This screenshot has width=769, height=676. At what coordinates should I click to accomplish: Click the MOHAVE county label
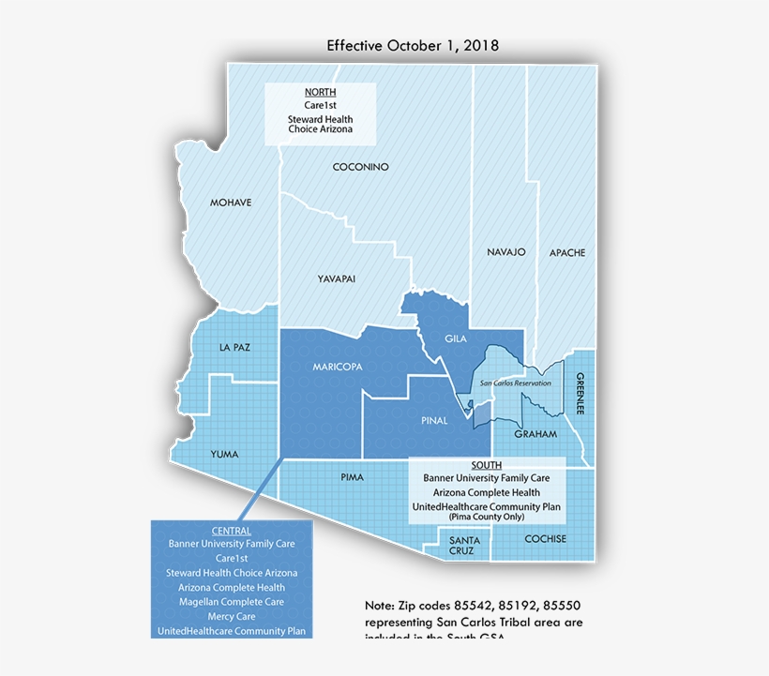pyautogui.click(x=231, y=203)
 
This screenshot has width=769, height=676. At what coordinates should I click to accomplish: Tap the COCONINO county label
pyautogui.click(x=360, y=167)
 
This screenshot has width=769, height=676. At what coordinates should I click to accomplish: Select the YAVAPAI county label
pyautogui.click(x=336, y=278)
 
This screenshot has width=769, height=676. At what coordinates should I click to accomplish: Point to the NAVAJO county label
pyautogui.click(x=506, y=252)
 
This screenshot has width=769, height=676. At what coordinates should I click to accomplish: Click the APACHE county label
pyautogui.click(x=567, y=252)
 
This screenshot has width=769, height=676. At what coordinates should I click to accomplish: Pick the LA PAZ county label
pyautogui.click(x=234, y=347)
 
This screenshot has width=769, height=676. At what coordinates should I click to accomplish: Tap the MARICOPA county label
pyautogui.click(x=338, y=367)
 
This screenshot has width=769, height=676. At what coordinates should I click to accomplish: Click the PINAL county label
pyautogui.click(x=434, y=421)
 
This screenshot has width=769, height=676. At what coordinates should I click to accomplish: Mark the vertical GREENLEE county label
pyautogui.click(x=581, y=395)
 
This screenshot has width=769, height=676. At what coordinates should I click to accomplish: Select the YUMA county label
pyautogui.click(x=224, y=454)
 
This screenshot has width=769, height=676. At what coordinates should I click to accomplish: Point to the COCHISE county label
pyautogui.click(x=546, y=539)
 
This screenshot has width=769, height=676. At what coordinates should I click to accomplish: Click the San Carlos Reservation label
pyautogui.click(x=515, y=383)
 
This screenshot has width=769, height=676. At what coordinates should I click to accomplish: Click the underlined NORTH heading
pyautogui.click(x=320, y=92)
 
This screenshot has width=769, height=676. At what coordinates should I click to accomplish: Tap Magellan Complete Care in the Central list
pyautogui.click(x=231, y=601)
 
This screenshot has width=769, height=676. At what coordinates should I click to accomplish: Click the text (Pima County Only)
pyautogui.click(x=487, y=517)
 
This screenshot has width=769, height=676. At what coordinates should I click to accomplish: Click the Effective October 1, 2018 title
pyautogui.click(x=413, y=45)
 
